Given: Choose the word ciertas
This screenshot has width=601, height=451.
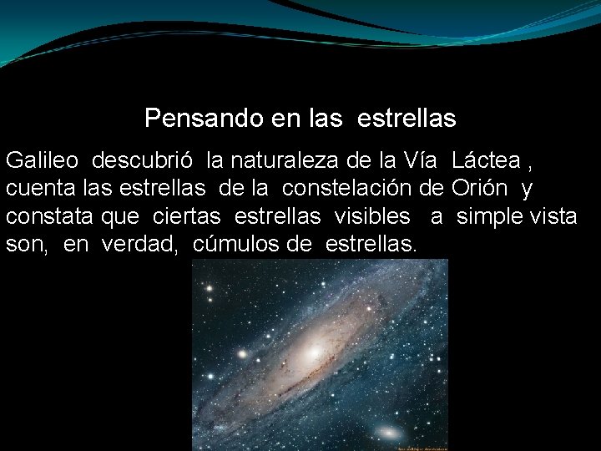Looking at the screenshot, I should (187, 217).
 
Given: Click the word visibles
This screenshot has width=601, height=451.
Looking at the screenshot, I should (372, 217).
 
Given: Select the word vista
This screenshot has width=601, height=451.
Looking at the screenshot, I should (556, 217).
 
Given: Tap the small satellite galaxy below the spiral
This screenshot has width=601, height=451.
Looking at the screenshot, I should (388, 433).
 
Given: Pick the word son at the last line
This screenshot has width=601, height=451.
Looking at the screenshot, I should (23, 246).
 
